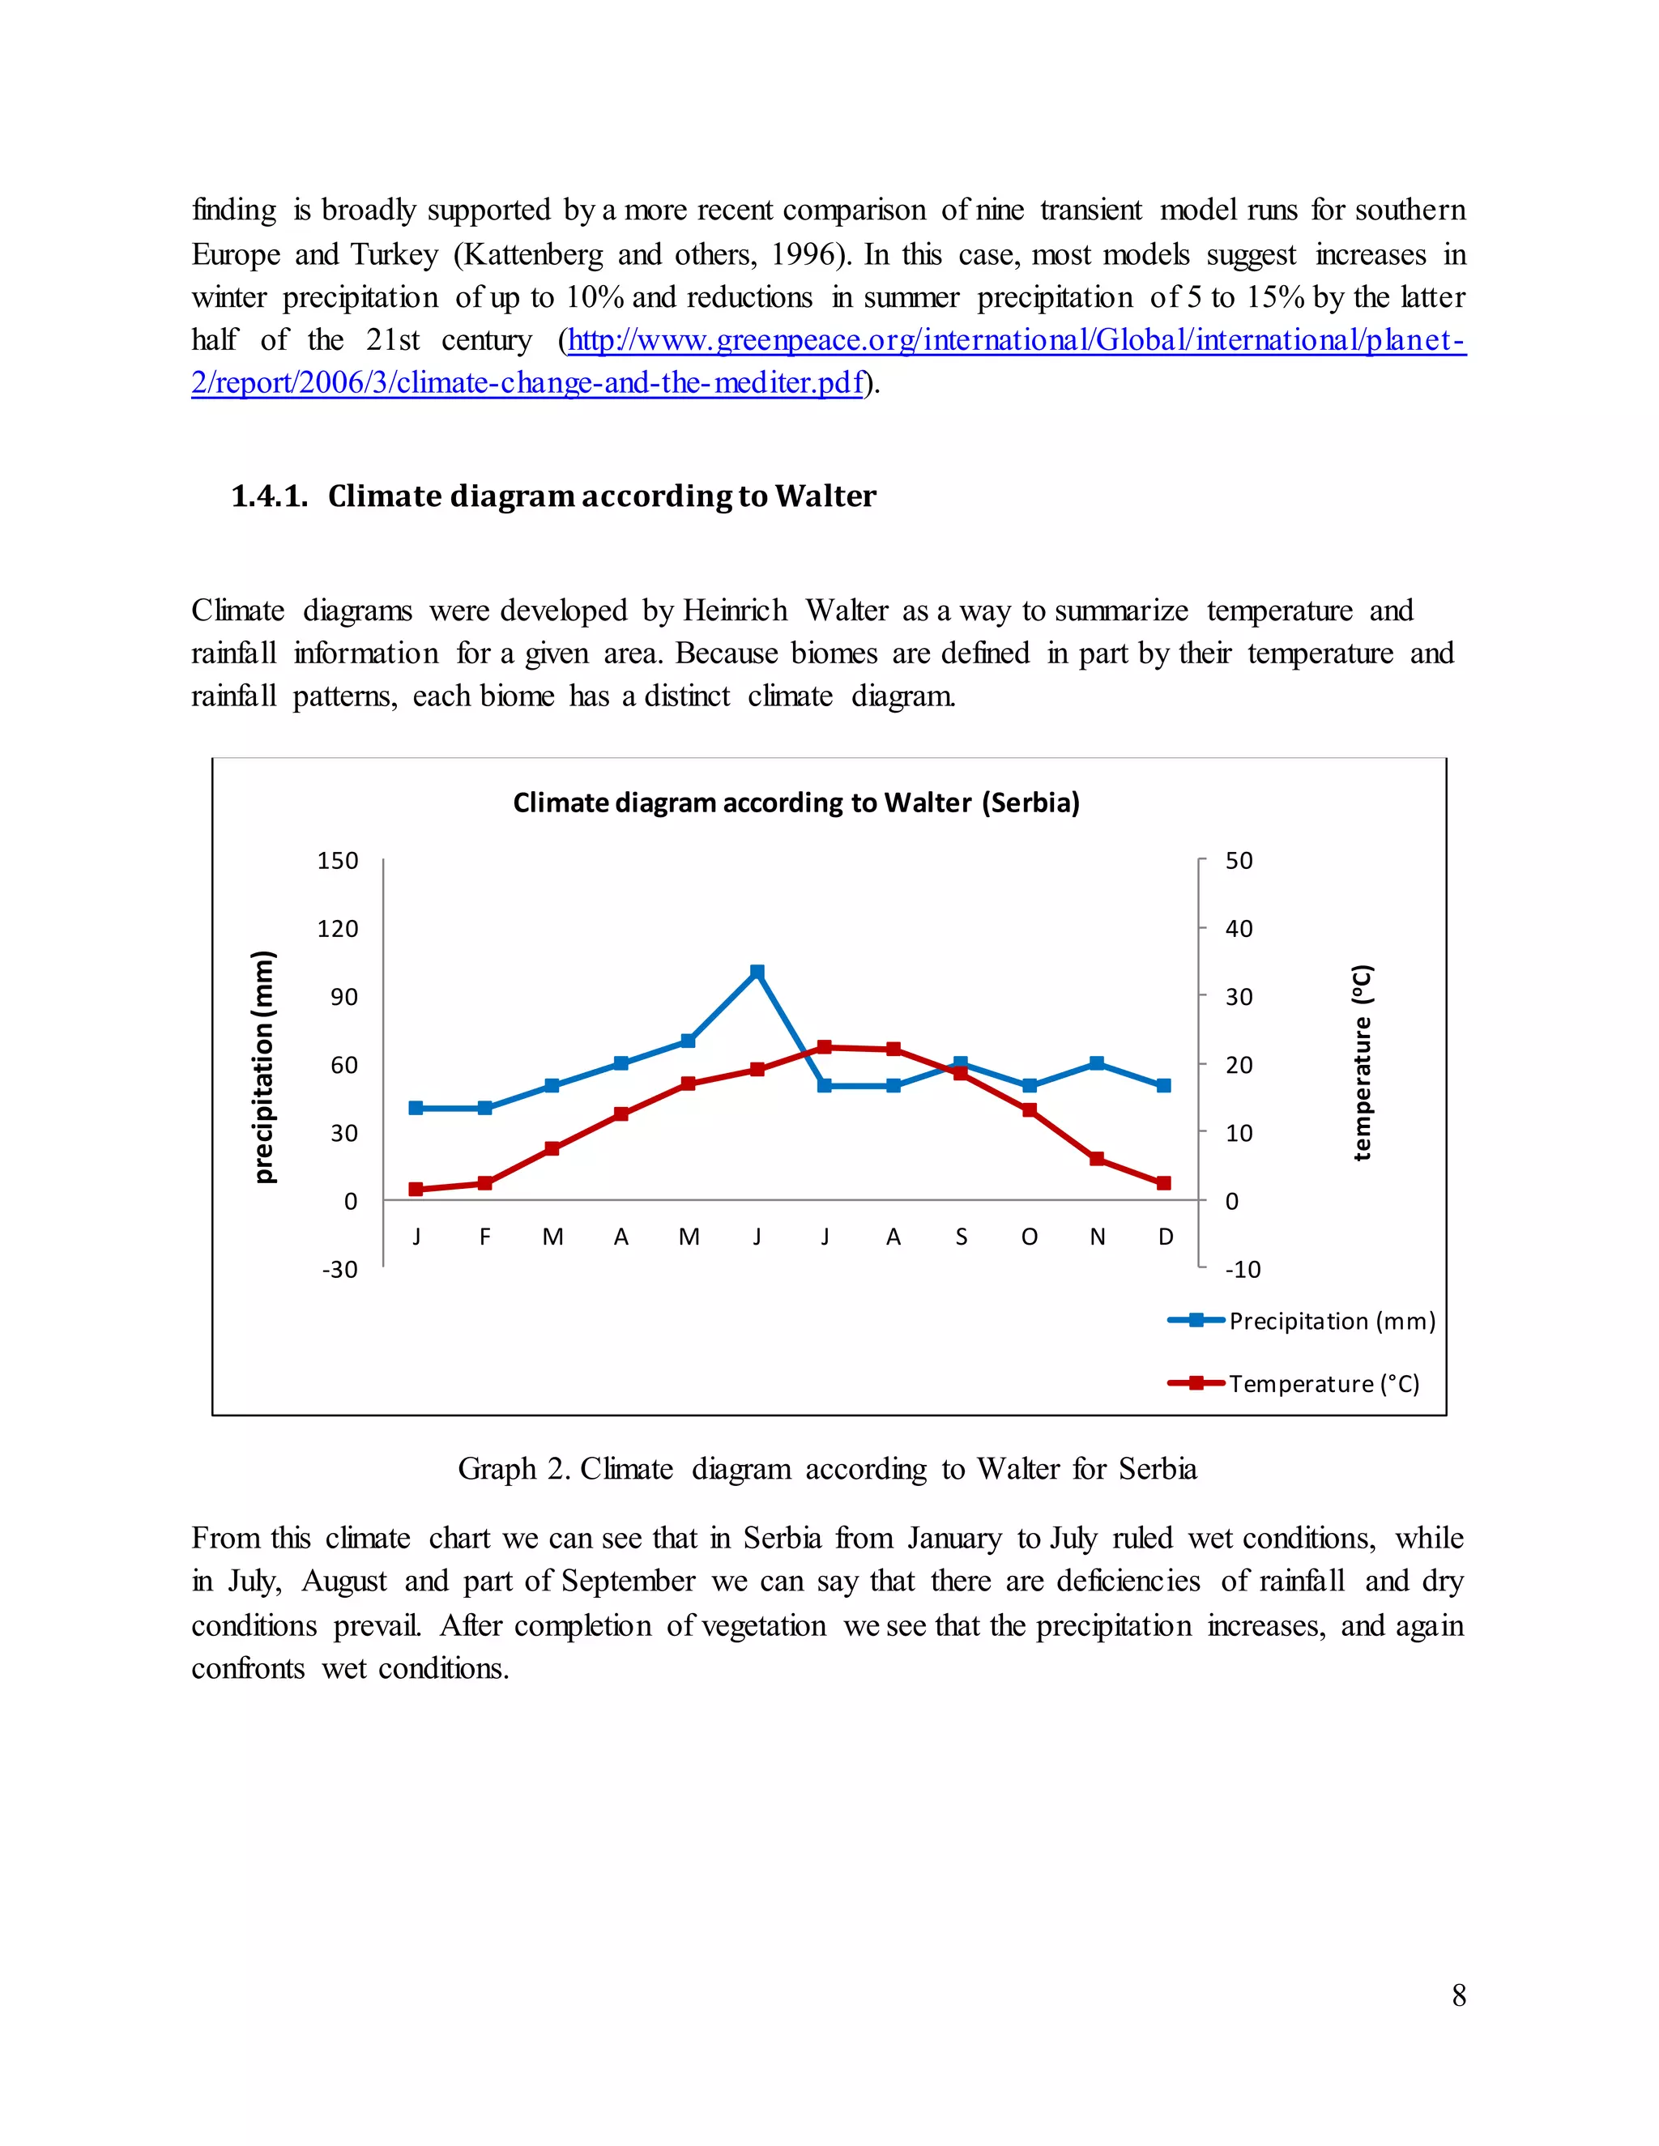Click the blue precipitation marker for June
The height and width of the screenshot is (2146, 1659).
(x=757, y=972)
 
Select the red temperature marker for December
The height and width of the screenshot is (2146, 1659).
(x=1164, y=1183)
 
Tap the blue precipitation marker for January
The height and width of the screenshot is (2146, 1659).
(x=416, y=1107)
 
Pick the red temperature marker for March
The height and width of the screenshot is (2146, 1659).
(x=552, y=1148)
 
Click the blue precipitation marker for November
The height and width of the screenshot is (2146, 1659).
(x=1097, y=1063)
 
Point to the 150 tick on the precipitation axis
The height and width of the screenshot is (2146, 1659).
(x=337, y=861)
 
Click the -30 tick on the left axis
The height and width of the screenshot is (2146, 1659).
(x=340, y=1270)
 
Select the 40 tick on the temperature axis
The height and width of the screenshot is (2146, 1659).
(x=1239, y=929)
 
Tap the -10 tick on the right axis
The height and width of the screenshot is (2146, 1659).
(x=1243, y=1270)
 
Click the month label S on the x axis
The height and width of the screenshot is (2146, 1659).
(x=962, y=1237)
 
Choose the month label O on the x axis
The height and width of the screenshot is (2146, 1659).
(x=1029, y=1237)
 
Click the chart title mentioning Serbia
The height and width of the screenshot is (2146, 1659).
(x=796, y=803)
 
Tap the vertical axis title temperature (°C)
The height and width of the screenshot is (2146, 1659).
(x=1361, y=1062)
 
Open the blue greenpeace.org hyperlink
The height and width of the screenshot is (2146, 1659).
(x=1017, y=340)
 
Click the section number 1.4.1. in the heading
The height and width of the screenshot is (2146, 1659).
(x=269, y=496)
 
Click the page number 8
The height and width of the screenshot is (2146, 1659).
(x=1458, y=1995)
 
